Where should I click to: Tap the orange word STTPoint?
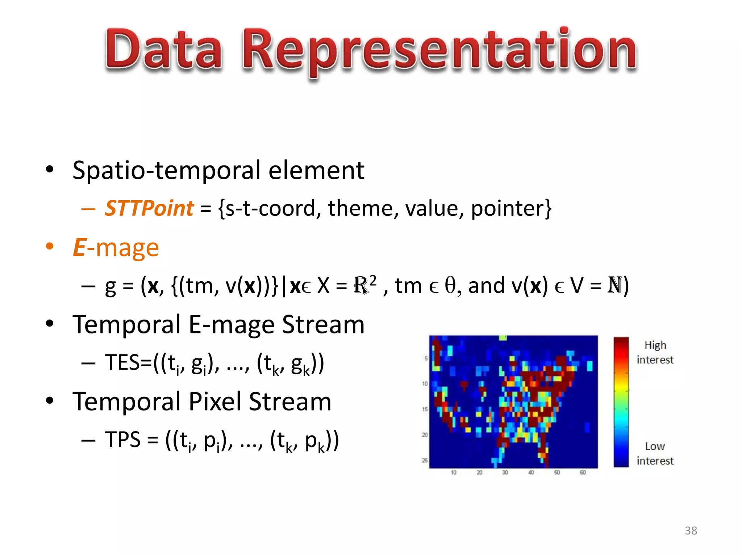[149, 208]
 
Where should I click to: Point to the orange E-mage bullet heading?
[116, 248]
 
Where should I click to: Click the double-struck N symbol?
[615, 285]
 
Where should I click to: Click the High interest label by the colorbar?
[655, 352]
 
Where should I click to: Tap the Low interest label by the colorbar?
[655, 453]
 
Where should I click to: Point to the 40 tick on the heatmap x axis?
[531, 472]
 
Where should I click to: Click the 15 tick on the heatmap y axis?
[425, 409]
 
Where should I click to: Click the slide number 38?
[691, 531]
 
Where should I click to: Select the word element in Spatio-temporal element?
[316, 170]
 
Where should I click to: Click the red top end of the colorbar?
[621, 342]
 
